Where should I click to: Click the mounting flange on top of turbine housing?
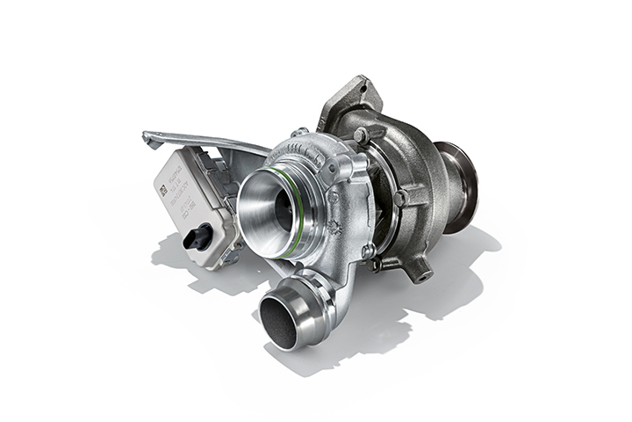click(349, 101)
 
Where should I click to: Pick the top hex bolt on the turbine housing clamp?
click(360, 135)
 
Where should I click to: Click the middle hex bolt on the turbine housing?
click(399, 198)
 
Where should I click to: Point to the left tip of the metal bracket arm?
click(147, 138)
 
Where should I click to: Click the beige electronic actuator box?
click(189, 198)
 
